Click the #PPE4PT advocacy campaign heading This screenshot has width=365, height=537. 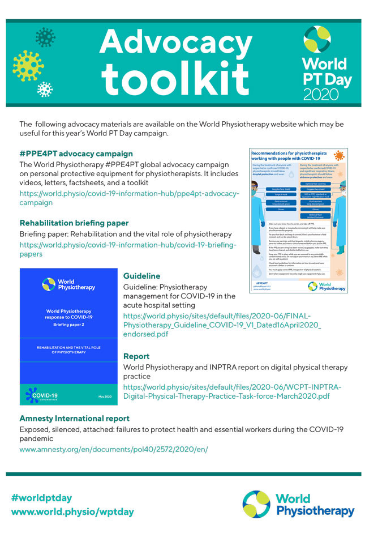pos(76,154)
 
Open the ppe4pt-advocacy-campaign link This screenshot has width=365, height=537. pos(129,198)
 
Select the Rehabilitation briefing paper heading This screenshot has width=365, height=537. pos(74,223)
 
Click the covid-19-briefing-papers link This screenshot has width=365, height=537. pos(127,250)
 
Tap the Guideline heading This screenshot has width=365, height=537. pos(142,276)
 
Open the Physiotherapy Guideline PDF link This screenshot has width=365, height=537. pos(222,325)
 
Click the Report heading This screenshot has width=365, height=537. pos(136,356)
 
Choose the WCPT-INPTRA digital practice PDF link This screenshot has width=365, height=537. pos(232,391)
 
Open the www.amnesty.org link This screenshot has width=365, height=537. pos(114,449)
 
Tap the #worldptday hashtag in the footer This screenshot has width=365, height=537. pos(42,498)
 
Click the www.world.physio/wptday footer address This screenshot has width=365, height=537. pos(72,512)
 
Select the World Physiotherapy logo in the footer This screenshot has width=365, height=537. pos(298,505)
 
